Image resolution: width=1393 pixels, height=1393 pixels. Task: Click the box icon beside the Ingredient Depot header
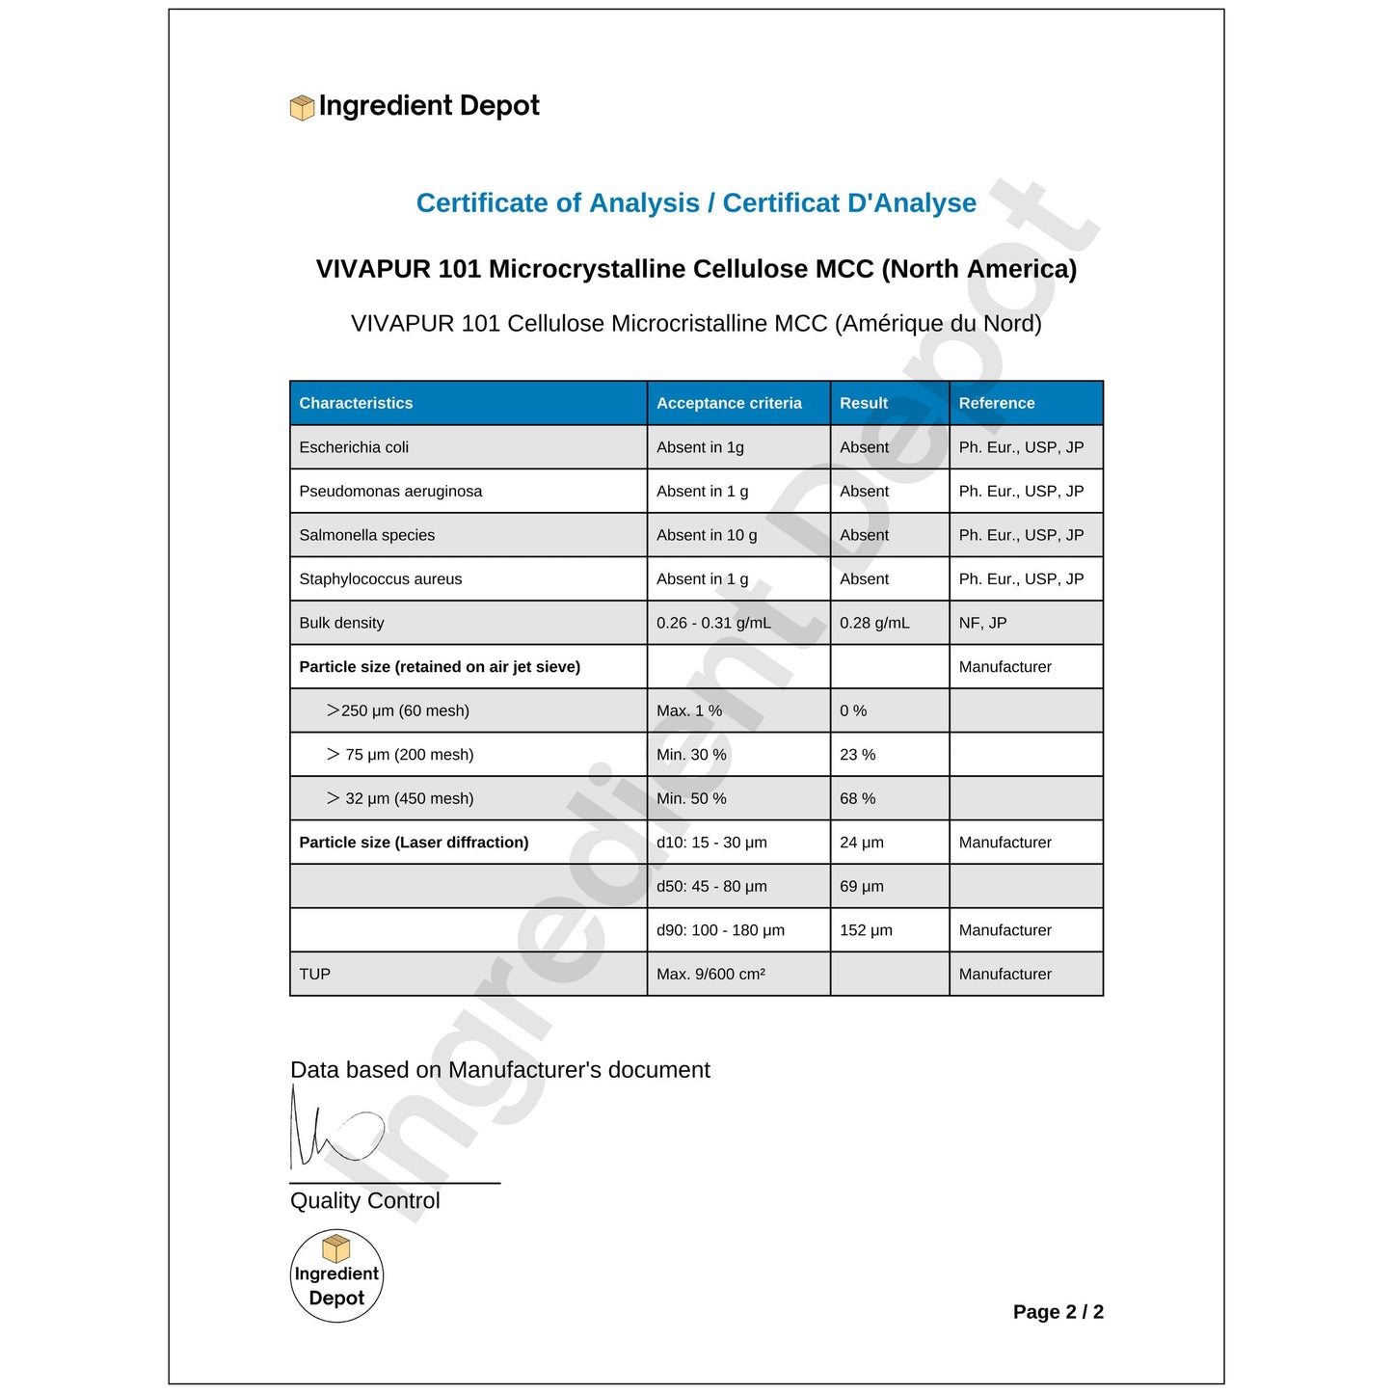302,108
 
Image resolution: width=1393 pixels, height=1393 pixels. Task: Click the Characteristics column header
356,403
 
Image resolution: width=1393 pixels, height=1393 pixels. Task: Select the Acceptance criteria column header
729,403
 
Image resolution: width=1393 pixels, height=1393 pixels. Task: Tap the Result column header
864,403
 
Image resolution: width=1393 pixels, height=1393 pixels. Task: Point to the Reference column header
997,403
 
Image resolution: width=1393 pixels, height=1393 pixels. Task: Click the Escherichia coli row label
354,447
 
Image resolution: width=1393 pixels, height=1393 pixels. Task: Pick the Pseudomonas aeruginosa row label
390,492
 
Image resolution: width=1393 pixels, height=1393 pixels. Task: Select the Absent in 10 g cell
707,535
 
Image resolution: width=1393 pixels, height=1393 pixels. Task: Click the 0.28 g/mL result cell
874,623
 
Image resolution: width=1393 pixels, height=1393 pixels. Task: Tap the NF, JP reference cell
982,623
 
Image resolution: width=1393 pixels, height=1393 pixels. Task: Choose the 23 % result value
857,755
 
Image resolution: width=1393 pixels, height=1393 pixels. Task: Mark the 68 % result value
857,798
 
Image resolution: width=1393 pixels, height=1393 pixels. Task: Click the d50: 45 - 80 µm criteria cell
711,886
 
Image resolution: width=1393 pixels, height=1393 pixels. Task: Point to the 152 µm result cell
866,930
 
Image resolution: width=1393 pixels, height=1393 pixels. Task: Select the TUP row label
314,974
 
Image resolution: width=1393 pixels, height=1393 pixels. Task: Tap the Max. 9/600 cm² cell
710,974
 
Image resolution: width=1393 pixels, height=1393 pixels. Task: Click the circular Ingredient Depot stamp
336,1275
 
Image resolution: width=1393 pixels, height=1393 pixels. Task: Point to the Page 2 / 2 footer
1058,1312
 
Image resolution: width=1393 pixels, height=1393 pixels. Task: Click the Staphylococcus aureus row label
380,579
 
